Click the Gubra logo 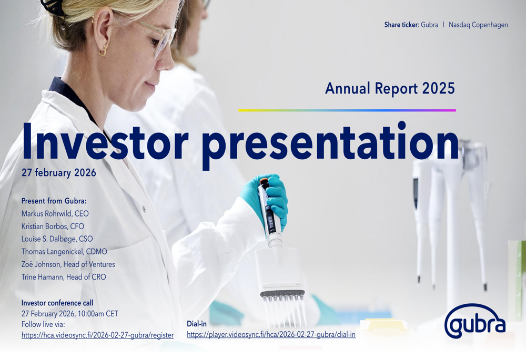[474, 321]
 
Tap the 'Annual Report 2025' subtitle [390, 88]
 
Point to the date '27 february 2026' [59, 172]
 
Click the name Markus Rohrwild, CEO [55, 213]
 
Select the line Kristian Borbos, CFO [53, 227]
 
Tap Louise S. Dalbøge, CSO [57, 239]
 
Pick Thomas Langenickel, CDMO [64, 252]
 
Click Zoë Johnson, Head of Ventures [68, 264]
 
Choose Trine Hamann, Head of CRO [64, 277]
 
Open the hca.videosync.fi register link [98, 335]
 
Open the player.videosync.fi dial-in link [271, 335]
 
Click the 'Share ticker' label [401, 25]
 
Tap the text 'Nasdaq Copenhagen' [478, 25]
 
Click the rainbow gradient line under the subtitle [347, 110]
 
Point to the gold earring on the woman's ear [103, 50]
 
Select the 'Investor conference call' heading [57, 303]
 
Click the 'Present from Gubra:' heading [54, 201]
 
